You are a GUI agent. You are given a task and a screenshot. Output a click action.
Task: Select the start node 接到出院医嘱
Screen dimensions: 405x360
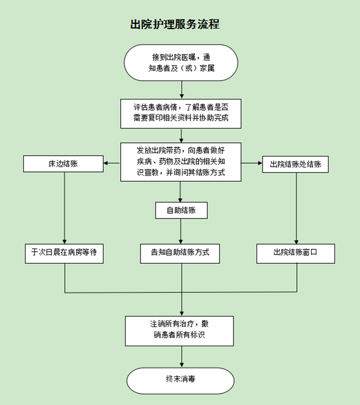tap(181, 62)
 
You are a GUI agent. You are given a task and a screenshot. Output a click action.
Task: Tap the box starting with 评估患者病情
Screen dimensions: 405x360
tap(181, 113)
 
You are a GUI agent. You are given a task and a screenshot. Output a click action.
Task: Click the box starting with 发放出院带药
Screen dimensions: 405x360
tap(181, 162)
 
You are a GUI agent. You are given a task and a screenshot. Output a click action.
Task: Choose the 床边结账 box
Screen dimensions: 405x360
tap(64, 164)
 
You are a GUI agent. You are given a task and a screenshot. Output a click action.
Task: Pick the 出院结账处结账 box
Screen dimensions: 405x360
tap(296, 164)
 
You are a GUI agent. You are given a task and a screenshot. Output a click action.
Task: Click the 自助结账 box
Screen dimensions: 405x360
tap(181, 210)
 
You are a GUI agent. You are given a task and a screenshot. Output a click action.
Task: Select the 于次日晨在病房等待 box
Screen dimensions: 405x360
tap(64, 253)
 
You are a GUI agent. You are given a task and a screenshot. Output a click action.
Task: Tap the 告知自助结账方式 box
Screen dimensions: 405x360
tap(181, 253)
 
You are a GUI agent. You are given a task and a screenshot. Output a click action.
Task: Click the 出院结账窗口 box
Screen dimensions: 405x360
tap(296, 253)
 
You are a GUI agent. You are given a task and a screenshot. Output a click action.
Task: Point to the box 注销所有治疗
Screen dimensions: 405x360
tap(180, 331)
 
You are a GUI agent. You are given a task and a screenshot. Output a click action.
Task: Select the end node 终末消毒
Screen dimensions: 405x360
tap(181, 379)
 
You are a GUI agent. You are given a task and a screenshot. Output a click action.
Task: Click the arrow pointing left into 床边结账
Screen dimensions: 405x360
tap(113, 164)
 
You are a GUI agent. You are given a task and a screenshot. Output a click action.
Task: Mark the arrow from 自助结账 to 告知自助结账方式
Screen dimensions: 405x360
tap(181, 231)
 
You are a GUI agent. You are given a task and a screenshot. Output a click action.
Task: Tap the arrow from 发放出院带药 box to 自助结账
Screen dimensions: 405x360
tap(181, 191)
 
